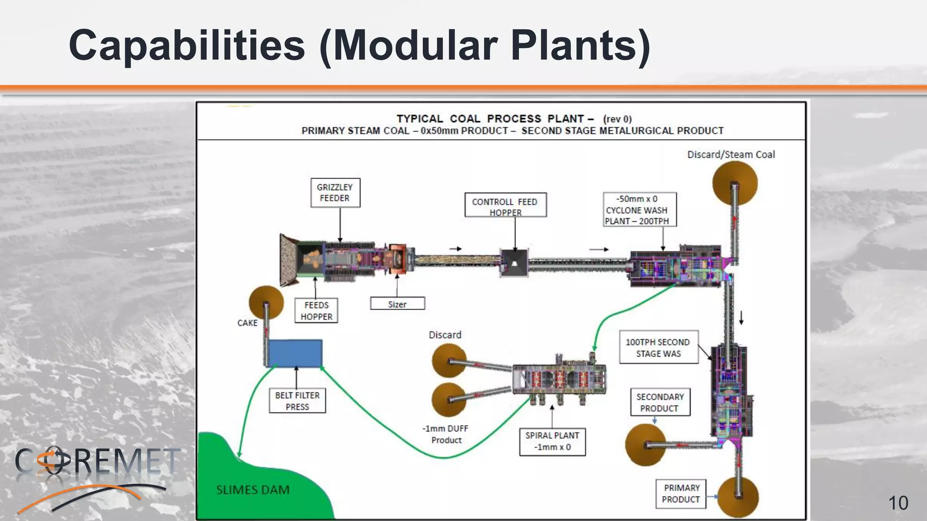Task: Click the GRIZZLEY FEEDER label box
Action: pyautogui.click(x=335, y=193)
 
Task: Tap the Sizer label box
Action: pyautogui.click(x=397, y=303)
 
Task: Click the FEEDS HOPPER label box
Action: pyautogui.click(x=316, y=311)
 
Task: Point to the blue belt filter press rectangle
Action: pyautogui.click(x=295, y=353)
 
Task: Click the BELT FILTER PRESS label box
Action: pyautogui.click(x=297, y=401)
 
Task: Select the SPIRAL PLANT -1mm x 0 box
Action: pyautogui.click(x=552, y=441)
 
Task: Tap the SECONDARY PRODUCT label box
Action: pyautogui.click(x=660, y=402)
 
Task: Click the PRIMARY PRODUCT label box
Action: pyautogui.click(x=681, y=493)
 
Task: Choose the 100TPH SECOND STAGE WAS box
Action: pyautogui.click(x=658, y=347)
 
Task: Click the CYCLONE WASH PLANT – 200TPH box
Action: pyautogui.click(x=639, y=210)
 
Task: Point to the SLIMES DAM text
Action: pyautogui.click(x=253, y=490)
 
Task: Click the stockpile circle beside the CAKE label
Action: pyautogui.click(x=266, y=303)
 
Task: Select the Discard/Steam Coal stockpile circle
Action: pyautogui.click(x=735, y=183)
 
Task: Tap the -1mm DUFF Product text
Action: pyautogui.click(x=446, y=434)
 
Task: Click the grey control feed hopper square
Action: pyautogui.click(x=514, y=263)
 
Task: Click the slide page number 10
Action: pyautogui.click(x=898, y=503)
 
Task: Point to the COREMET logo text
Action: pyautogui.click(x=97, y=461)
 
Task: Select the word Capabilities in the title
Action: pyautogui.click(x=187, y=45)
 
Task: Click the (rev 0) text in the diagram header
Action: pyautogui.click(x=617, y=119)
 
